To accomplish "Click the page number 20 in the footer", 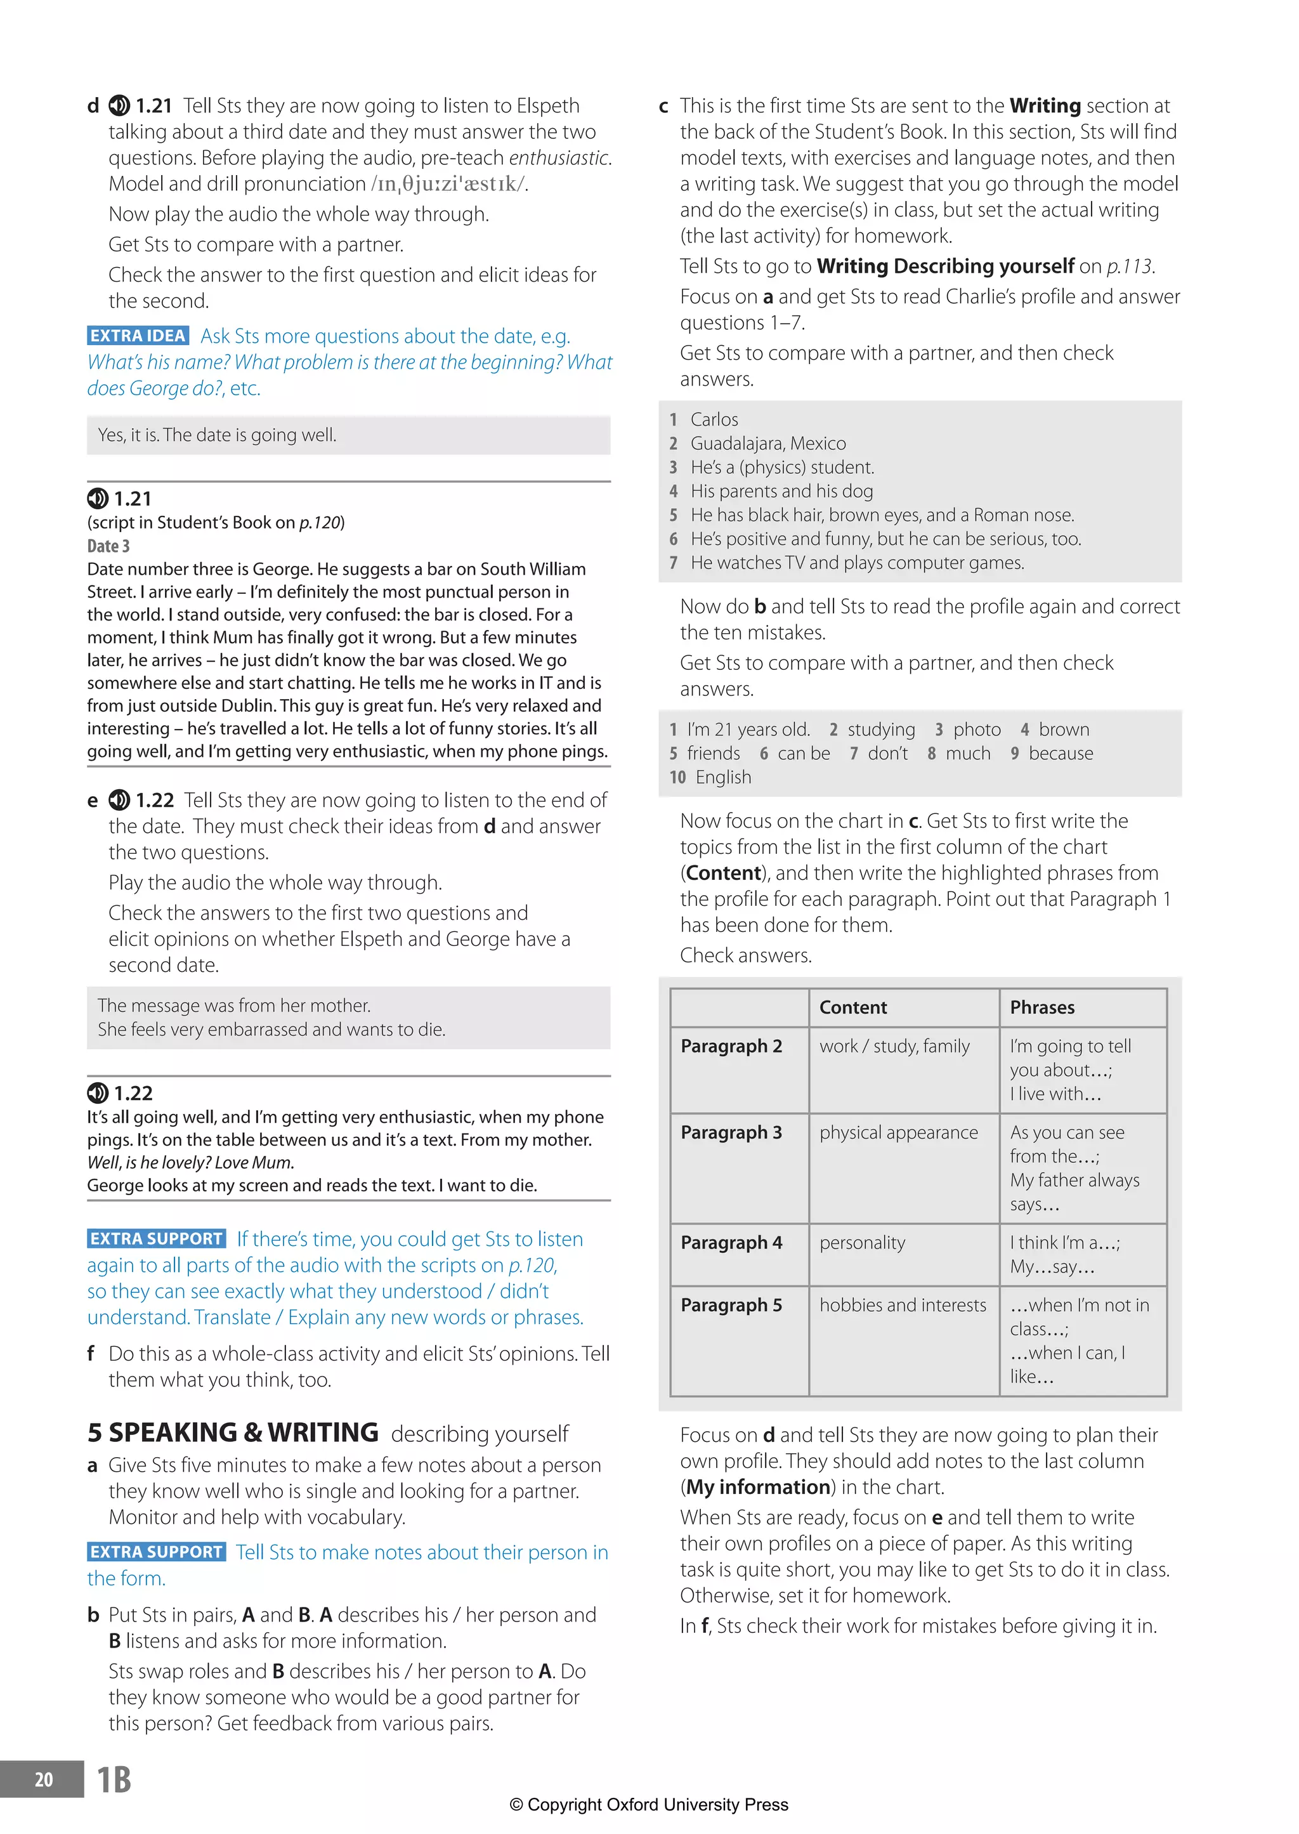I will click(x=43, y=1779).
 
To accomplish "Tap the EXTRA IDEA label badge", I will click(x=138, y=336).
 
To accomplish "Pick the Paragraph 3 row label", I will click(x=731, y=1132).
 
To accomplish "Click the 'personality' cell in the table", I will click(x=862, y=1242).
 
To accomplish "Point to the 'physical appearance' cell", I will click(x=898, y=1132).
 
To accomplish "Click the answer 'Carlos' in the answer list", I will click(x=714, y=419).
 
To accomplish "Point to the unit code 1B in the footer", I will click(x=114, y=1779).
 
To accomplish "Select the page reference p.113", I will click(x=1130, y=266).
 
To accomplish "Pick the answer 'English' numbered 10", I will click(x=723, y=776).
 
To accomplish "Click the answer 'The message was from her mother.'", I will click(x=234, y=1005).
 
